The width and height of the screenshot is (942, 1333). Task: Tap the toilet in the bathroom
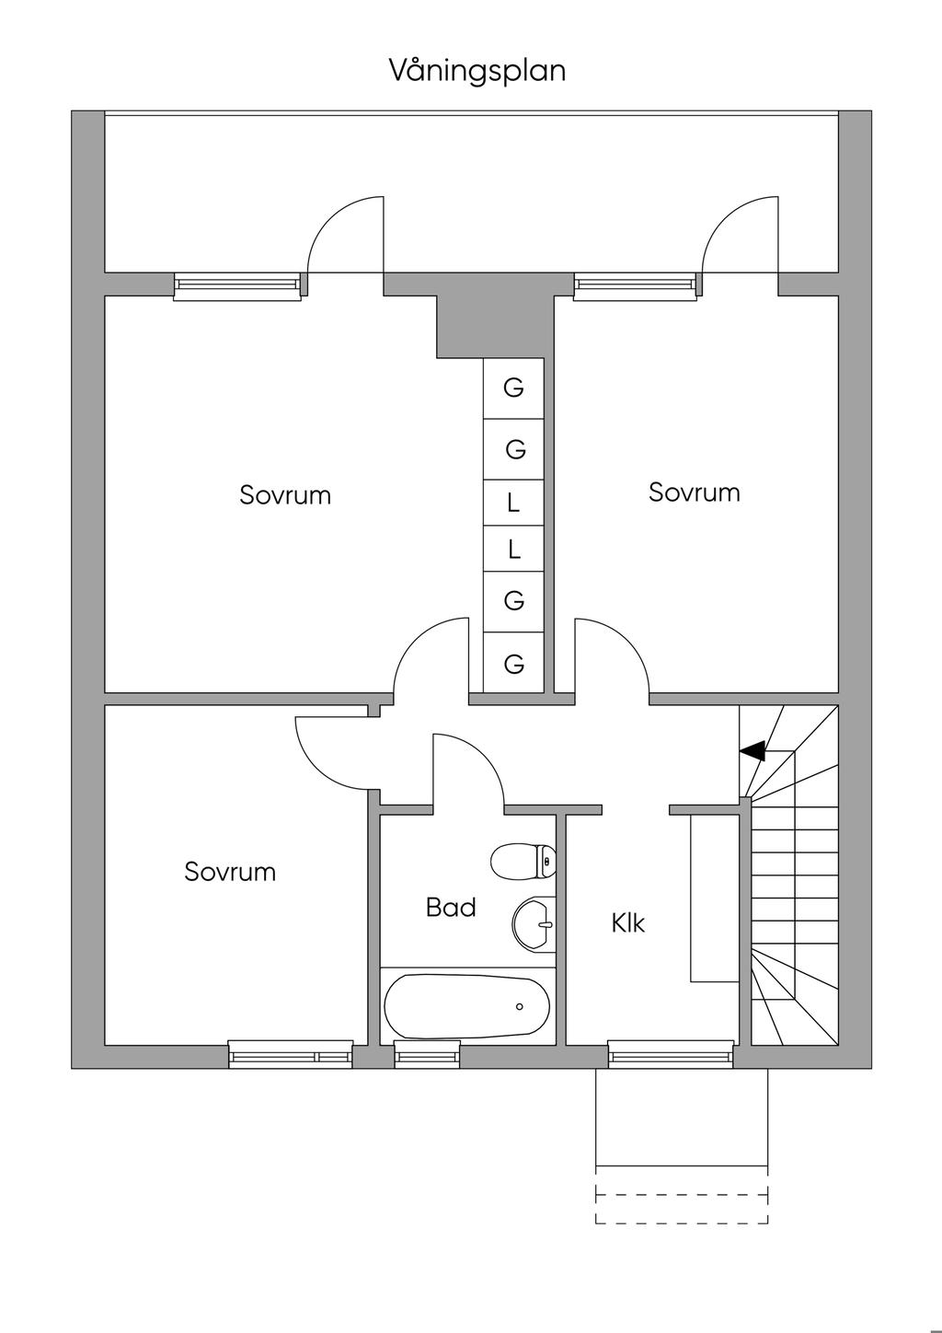tap(524, 861)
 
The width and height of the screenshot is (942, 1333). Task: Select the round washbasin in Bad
tap(534, 924)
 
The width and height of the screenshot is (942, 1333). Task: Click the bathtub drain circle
tap(519, 1006)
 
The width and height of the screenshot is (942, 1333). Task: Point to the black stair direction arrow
tap(752, 751)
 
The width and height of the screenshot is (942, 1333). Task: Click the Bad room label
tap(451, 908)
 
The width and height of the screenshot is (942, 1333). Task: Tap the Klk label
tap(627, 923)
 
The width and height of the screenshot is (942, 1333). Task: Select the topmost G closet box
tap(514, 388)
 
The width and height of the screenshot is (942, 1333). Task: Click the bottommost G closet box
tap(514, 662)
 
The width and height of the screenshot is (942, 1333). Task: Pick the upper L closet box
tap(514, 503)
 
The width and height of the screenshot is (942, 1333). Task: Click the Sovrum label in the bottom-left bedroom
tap(230, 872)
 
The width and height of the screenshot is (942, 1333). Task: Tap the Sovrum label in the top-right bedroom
tap(694, 493)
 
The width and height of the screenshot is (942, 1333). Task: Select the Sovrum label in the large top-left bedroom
tap(285, 494)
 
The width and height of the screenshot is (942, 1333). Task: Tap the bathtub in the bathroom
tap(466, 1006)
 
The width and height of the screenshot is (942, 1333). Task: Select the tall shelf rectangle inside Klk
tap(714, 898)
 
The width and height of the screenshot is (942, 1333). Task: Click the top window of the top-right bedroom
tap(635, 287)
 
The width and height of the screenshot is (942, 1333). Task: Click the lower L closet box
tap(514, 549)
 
